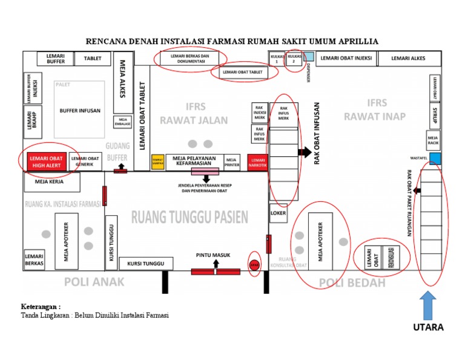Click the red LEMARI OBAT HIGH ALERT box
point(47,161)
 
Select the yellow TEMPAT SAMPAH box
point(157,162)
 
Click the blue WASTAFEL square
point(435,159)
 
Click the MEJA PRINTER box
point(232,161)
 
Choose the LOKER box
point(279,213)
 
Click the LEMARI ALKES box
point(408,59)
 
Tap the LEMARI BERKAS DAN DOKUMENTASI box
point(190,58)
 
